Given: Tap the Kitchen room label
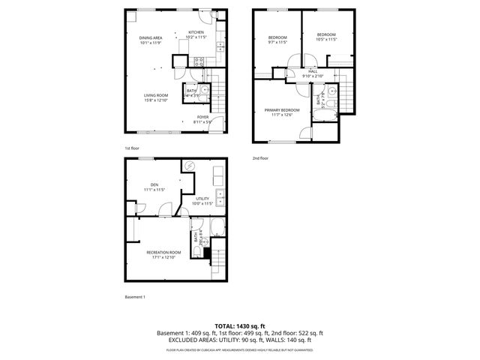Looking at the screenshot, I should click(x=196, y=32).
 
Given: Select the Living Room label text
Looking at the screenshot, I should click(x=156, y=95).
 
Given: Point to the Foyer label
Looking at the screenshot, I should click(x=202, y=117).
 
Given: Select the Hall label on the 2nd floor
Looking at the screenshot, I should click(x=312, y=71).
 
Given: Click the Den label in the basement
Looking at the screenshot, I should click(x=154, y=184).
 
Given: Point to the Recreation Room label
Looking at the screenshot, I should click(x=163, y=252).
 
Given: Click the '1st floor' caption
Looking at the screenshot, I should click(x=131, y=148).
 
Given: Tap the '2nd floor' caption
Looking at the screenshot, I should click(x=259, y=158).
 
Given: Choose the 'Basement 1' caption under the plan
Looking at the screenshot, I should click(x=135, y=297).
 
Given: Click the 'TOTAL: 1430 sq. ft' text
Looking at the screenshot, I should click(x=239, y=325).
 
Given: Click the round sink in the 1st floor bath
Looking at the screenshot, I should click(x=205, y=89).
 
